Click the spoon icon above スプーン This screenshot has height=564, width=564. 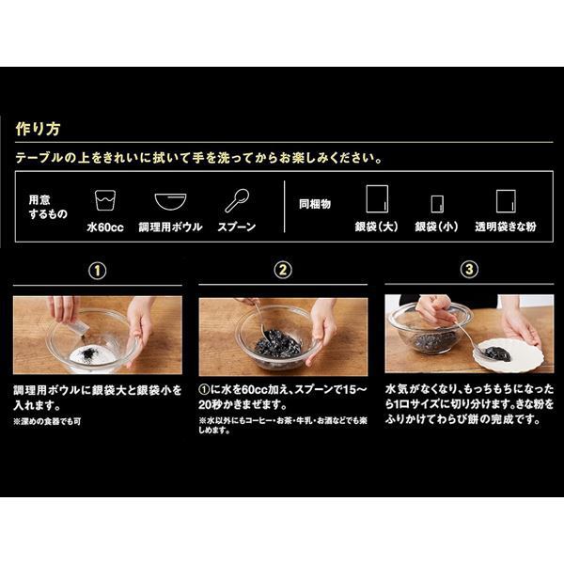tap(236, 201)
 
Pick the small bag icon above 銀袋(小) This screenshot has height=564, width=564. tap(436, 204)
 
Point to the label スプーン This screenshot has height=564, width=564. tap(236, 227)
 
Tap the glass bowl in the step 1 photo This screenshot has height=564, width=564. tap(94, 338)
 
